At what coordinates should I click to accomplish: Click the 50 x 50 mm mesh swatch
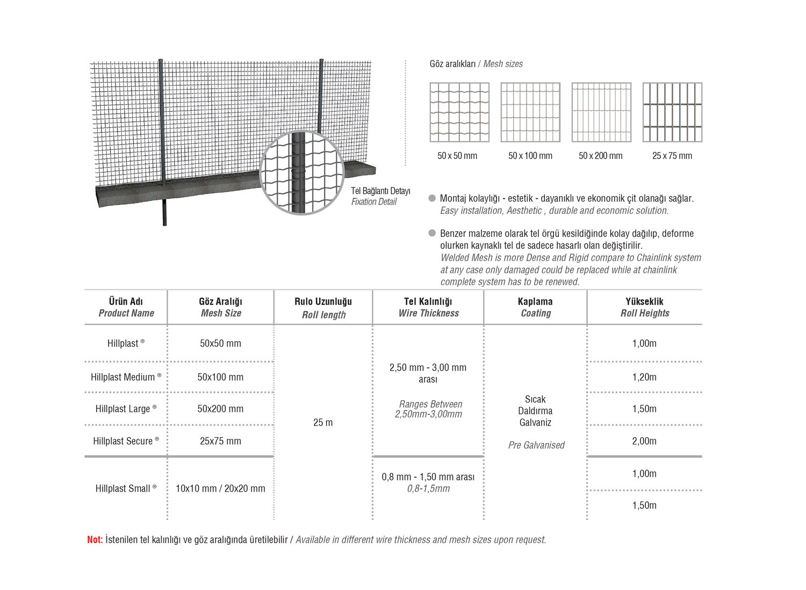pos(459,112)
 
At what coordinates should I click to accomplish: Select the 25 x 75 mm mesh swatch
pos(672,112)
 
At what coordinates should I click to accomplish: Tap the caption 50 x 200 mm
pos(600,156)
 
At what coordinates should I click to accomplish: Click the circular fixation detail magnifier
pos(302,172)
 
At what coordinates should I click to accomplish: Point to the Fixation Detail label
pos(374,202)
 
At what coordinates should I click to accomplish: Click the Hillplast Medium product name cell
pos(126,377)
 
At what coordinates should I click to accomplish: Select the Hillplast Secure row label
pos(126,441)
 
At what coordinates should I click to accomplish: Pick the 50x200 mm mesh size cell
pos(220,409)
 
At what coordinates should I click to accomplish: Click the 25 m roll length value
pos(323,423)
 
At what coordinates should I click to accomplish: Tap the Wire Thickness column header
pos(428,307)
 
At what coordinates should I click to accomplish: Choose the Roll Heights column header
pos(644,307)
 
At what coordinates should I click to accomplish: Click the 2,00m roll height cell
pos(644,441)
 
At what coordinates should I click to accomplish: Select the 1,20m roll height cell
pos(644,377)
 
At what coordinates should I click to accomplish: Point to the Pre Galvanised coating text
pos(536,445)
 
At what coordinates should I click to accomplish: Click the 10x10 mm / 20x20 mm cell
pos(220,488)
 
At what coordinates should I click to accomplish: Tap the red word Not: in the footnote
pos(95,539)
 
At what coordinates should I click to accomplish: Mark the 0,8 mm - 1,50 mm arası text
pos(428,477)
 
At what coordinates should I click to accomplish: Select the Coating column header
pos(535,307)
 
